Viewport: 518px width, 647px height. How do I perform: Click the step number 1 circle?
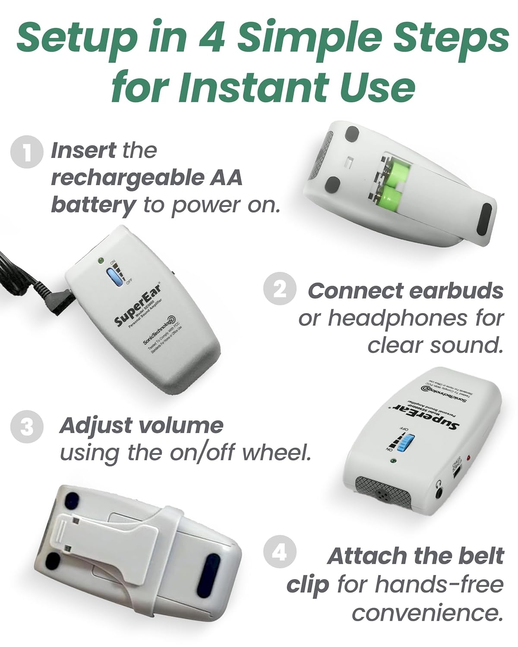pyautogui.click(x=27, y=152)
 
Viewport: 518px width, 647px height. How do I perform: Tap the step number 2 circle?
pyautogui.click(x=280, y=289)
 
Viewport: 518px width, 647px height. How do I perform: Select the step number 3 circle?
pyautogui.click(x=27, y=427)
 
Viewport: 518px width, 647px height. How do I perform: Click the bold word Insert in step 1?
pyautogui.click(x=83, y=151)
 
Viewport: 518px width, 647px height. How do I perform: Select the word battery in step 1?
pyautogui.click(x=93, y=205)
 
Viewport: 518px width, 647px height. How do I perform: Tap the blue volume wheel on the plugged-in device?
pyautogui.click(x=114, y=276)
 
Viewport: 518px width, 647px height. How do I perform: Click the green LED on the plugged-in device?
pyautogui.click(x=101, y=261)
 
